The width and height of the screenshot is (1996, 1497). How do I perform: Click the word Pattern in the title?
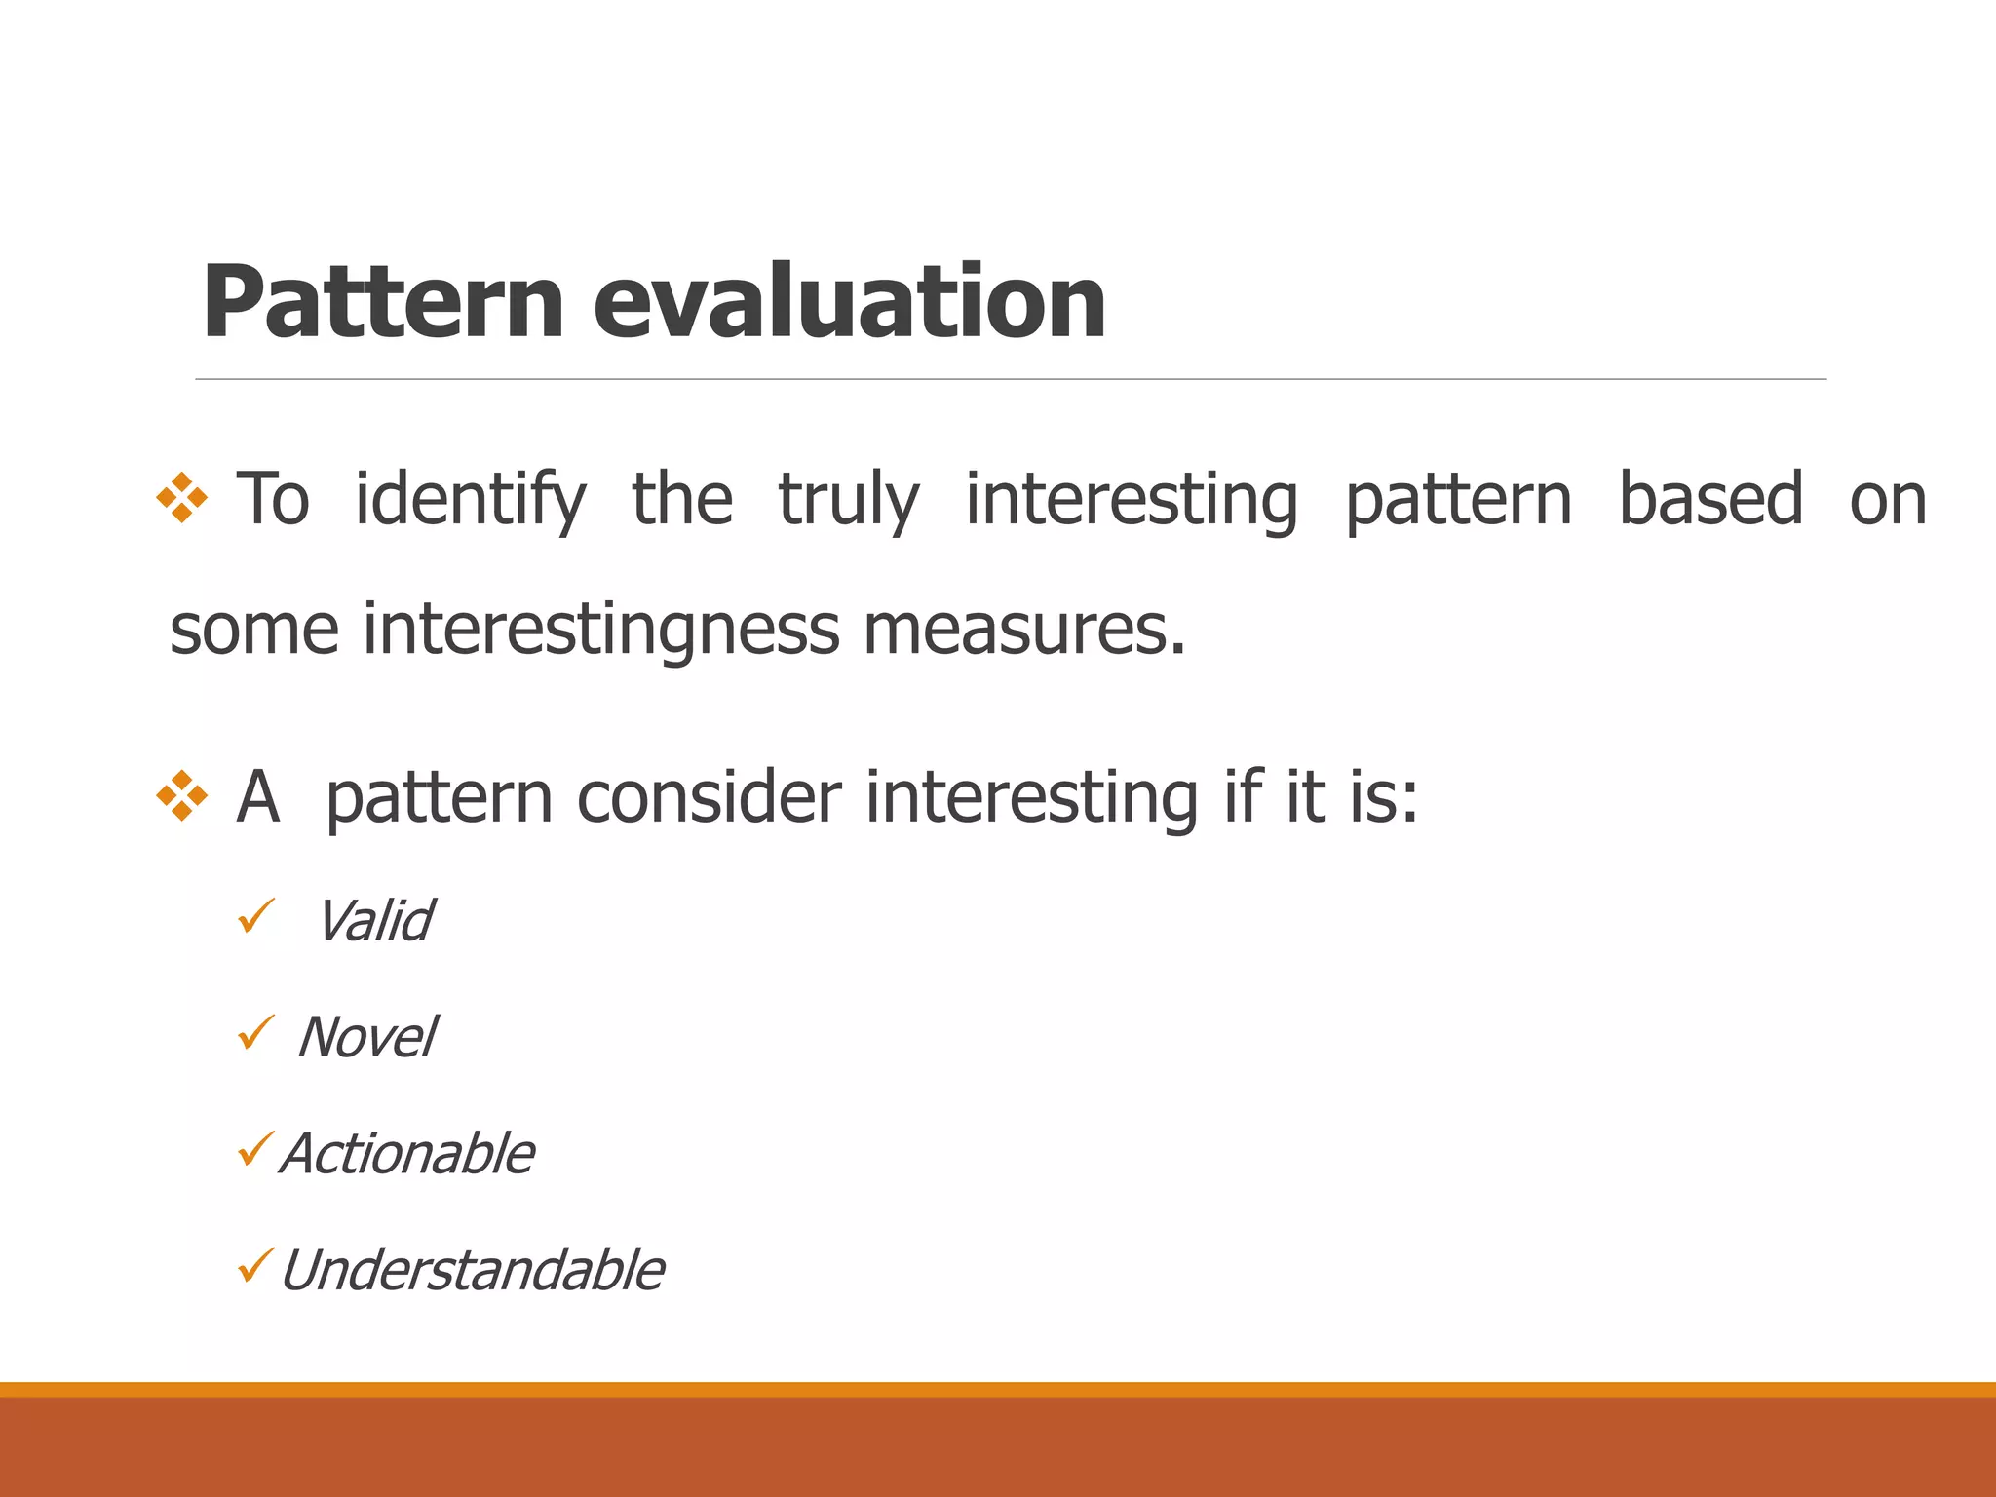tap(382, 303)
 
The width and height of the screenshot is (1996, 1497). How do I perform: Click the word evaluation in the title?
tap(849, 303)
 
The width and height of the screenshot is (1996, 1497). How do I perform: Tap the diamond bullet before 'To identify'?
tap(182, 498)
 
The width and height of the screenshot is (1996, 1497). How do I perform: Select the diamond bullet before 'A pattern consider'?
tap(182, 796)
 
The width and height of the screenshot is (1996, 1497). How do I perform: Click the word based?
tap(1710, 499)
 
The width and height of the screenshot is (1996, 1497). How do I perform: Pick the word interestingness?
tap(600, 629)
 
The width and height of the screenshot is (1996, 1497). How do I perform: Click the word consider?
tap(709, 797)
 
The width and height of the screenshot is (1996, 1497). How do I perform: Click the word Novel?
tap(366, 1037)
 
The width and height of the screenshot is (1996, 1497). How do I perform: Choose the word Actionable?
tap(407, 1154)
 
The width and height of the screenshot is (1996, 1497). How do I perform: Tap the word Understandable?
tap(472, 1271)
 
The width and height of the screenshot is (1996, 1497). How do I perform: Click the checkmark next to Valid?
tap(256, 916)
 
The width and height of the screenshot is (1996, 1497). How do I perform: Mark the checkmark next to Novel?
tap(256, 1033)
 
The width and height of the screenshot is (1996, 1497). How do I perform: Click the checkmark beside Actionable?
tap(256, 1150)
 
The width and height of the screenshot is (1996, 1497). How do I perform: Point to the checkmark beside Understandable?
tap(256, 1266)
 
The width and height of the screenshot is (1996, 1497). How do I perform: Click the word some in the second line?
tap(254, 631)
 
